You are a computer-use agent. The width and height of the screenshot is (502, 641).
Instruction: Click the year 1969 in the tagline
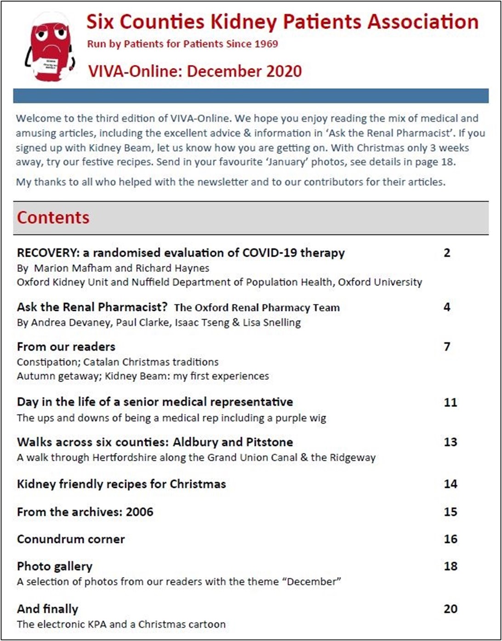(266, 44)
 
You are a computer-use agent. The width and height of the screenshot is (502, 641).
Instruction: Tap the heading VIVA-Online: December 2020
(195, 71)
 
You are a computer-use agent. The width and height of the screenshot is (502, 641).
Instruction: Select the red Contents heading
(53, 217)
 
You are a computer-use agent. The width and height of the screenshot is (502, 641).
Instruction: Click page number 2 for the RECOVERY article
(447, 253)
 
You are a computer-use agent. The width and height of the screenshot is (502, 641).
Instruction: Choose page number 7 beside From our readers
(447, 347)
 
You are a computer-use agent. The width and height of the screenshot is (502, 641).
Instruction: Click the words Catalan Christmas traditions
(151, 362)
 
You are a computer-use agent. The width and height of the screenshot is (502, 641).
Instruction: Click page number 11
(450, 402)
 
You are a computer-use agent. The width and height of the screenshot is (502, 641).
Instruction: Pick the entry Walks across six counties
(92, 442)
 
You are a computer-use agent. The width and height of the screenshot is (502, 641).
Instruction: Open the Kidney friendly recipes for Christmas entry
(121, 484)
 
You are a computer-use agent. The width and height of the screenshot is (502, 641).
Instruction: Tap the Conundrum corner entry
(71, 539)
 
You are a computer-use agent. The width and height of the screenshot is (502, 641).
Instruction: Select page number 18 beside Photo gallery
(450, 566)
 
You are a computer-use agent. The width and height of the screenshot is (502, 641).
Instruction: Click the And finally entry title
(47, 609)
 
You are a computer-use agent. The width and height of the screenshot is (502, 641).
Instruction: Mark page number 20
(450, 609)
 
